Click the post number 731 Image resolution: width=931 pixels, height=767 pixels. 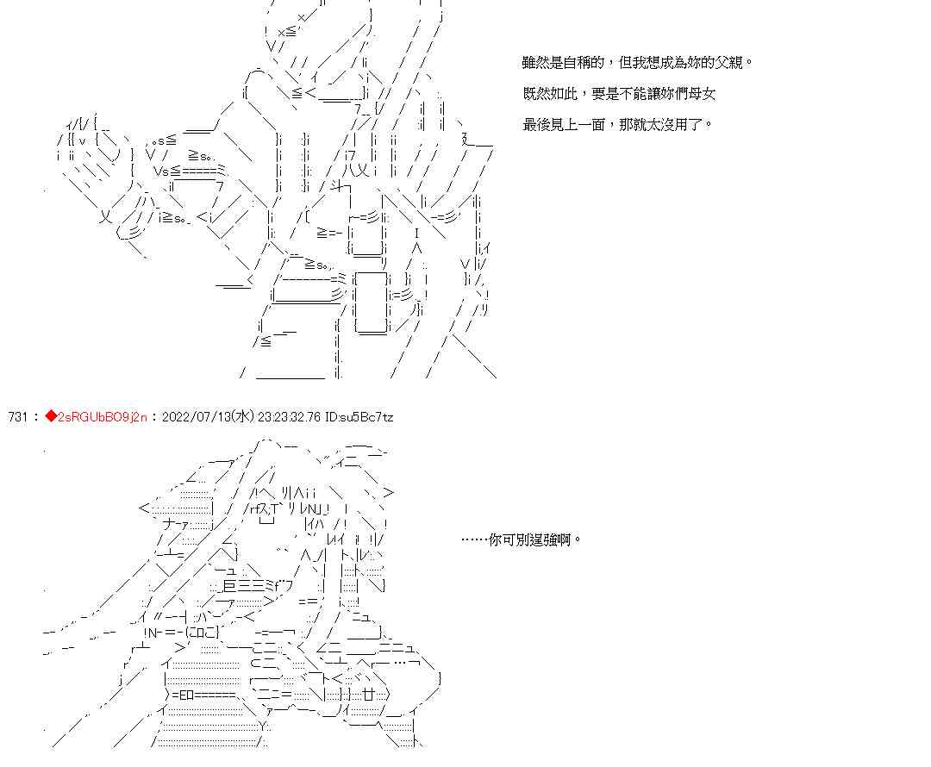[18, 417]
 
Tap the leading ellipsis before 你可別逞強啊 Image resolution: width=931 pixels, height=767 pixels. [475, 540]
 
